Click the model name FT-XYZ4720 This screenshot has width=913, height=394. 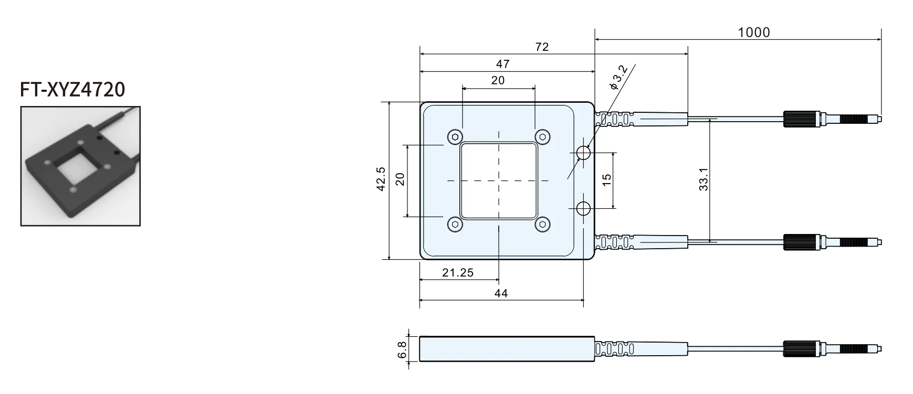(x=72, y=90)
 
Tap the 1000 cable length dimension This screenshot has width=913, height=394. (x=754, y=33)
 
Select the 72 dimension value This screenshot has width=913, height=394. (x=542, y=47)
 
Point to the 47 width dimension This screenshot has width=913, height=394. (x=502, y=64)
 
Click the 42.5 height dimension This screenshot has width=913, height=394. (x=381, y=179)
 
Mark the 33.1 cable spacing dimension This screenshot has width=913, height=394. (x=704, y=179)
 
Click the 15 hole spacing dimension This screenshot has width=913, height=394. (x=607, y=179)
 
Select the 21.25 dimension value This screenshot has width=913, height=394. (x=458, y=272)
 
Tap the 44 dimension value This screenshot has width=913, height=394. (x=501, y=293)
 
